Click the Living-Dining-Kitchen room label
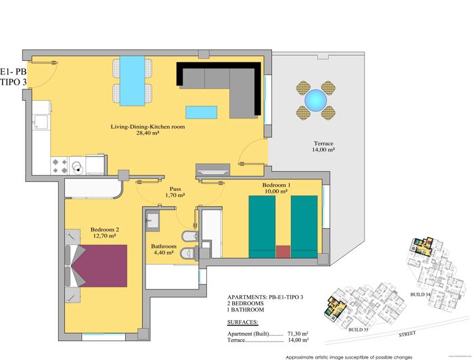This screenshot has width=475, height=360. point(148,127)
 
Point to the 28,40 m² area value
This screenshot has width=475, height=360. point(148,134)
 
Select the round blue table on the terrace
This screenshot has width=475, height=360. point(315,101)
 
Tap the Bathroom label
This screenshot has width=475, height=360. point(164,246)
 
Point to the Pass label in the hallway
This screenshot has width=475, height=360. point(175,189)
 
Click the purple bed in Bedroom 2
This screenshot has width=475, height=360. point(101,265)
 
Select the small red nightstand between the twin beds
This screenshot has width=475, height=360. point(283,252)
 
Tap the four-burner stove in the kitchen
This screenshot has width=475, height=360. point(60,164)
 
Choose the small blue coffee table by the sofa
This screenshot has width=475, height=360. point(202,111)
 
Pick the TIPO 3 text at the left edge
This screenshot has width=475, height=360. point(14,83)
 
